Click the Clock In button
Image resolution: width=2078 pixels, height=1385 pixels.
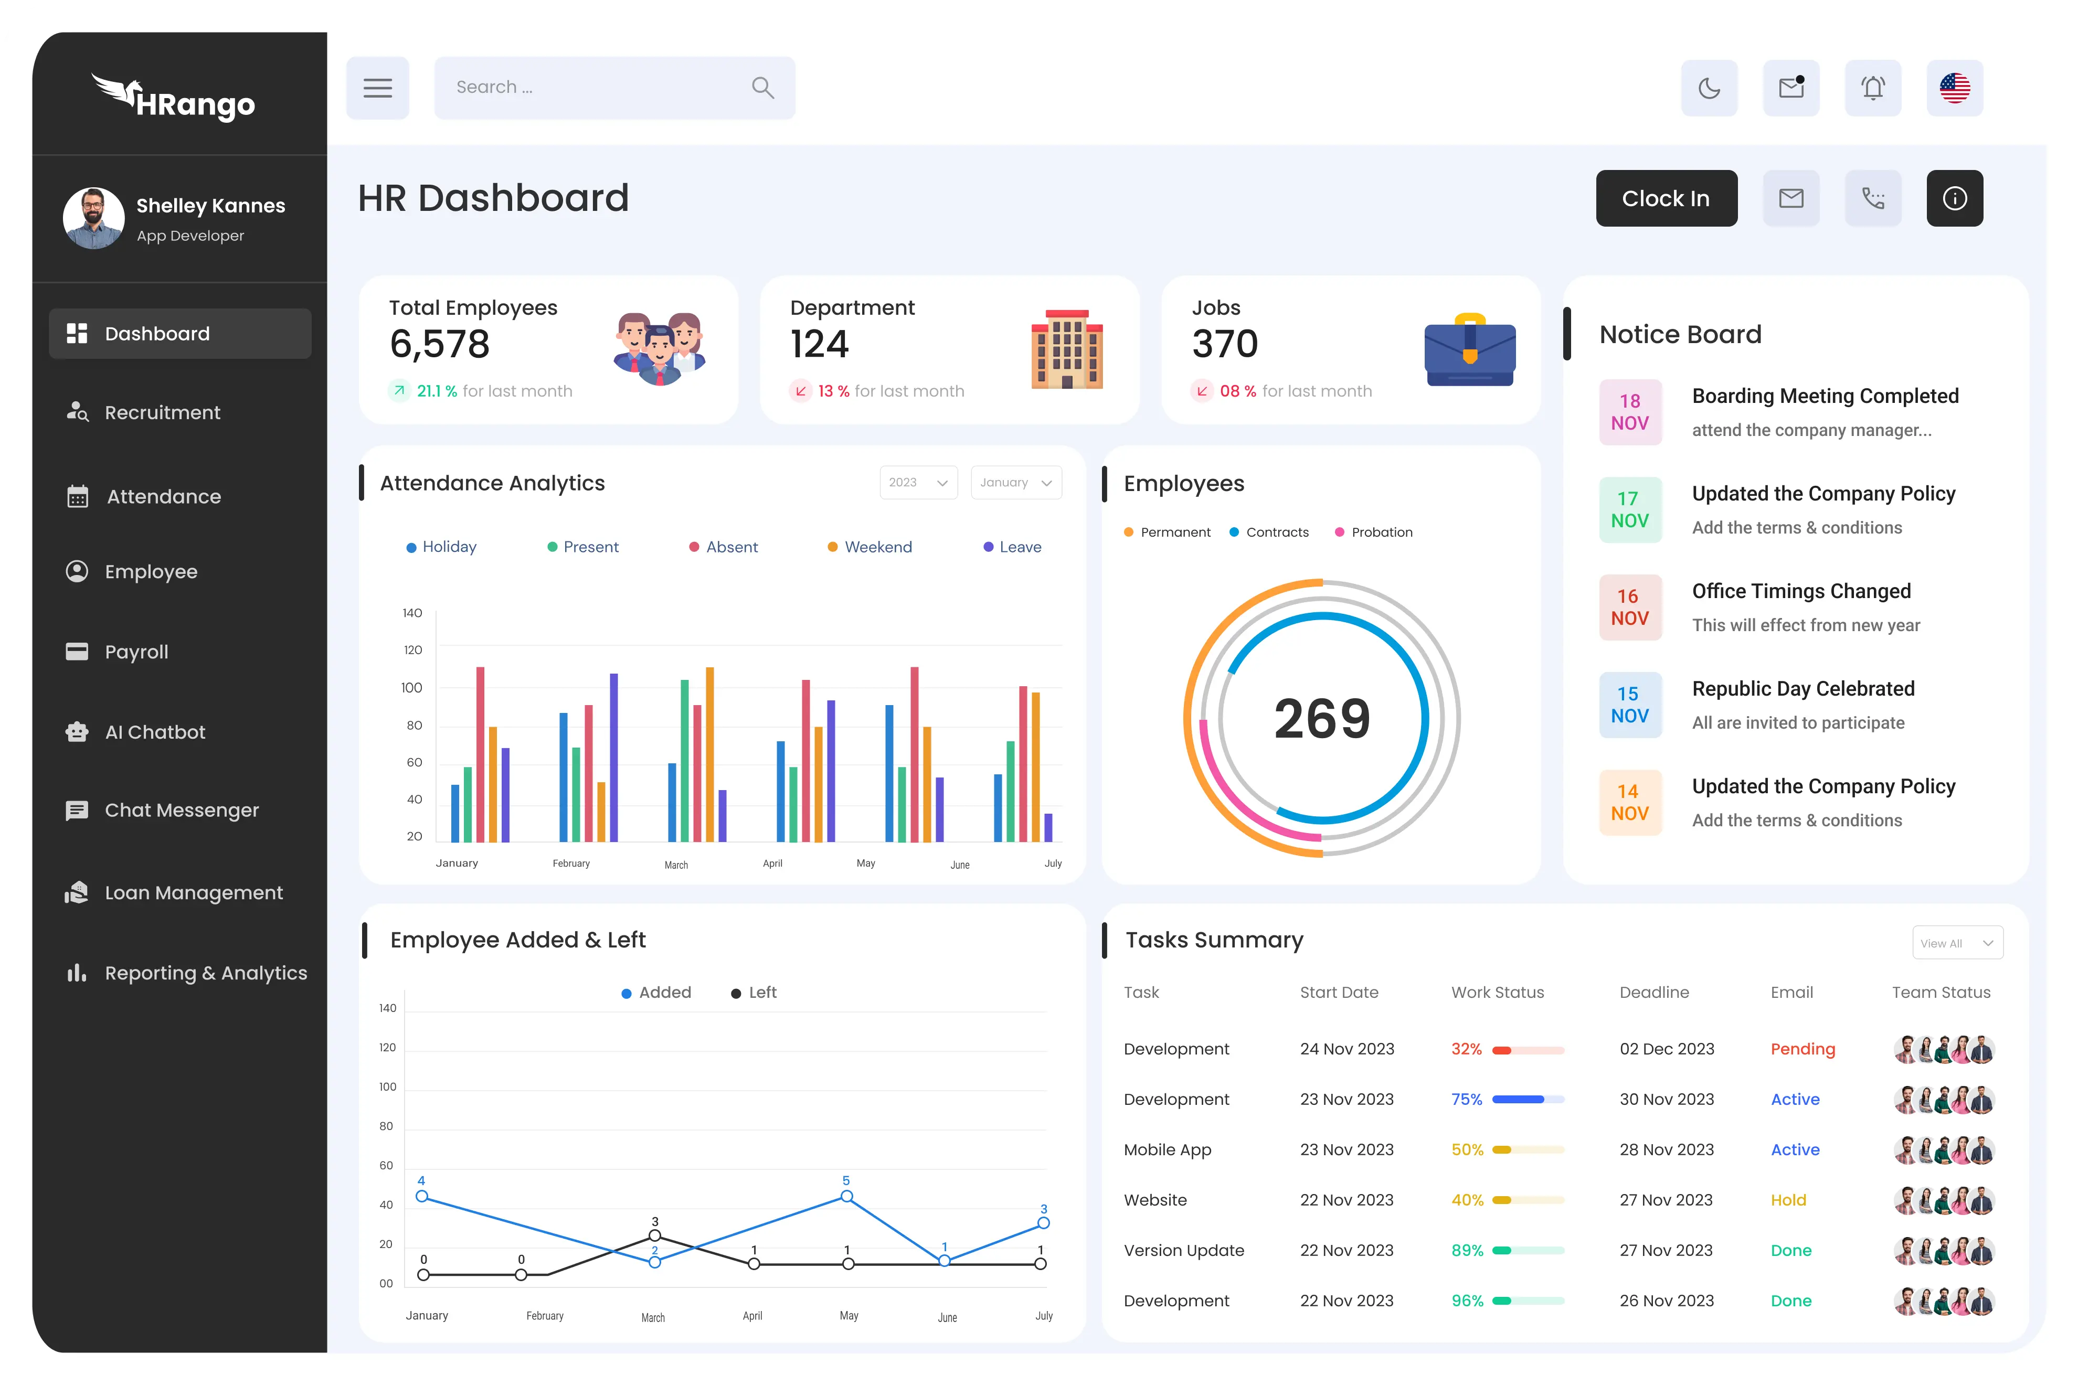(1666, 199)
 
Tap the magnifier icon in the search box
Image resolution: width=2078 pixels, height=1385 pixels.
(762, 88)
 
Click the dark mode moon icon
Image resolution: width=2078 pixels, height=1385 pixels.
(1709, 88)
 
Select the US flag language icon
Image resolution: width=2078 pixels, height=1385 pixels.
(1954, 88)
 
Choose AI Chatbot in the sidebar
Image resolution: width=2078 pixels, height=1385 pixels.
(155, 732)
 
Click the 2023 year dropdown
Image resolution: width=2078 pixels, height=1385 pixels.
(918, 482)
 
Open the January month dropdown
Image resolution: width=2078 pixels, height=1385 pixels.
(1015, 482)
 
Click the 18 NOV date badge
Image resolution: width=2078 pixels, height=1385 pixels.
(1629, 412)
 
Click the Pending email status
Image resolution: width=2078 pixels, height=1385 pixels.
(1803, 1049)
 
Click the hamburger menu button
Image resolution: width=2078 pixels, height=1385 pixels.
(377, 88)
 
